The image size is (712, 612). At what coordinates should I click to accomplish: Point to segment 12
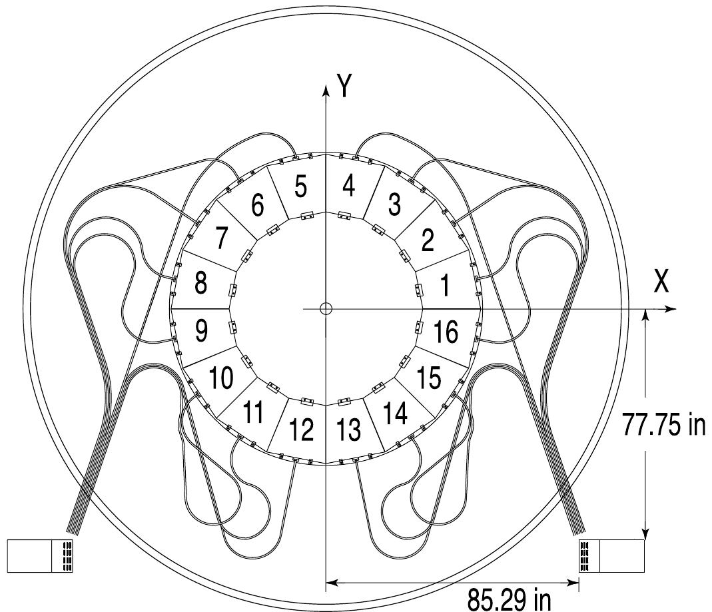coord(300,430)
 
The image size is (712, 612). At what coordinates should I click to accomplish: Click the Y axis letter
coord(344,86)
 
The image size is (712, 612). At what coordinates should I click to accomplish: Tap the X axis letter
coord(661,281)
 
